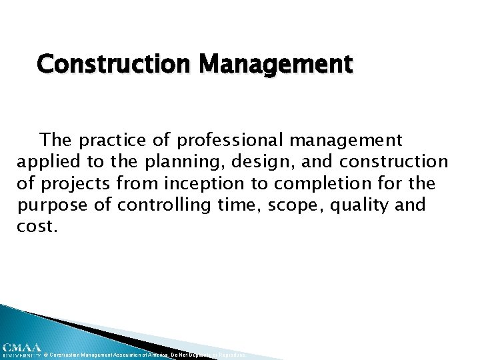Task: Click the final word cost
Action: coord(37,225)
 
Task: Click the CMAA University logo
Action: coord(21,349)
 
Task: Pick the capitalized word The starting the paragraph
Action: coord(55,140)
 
